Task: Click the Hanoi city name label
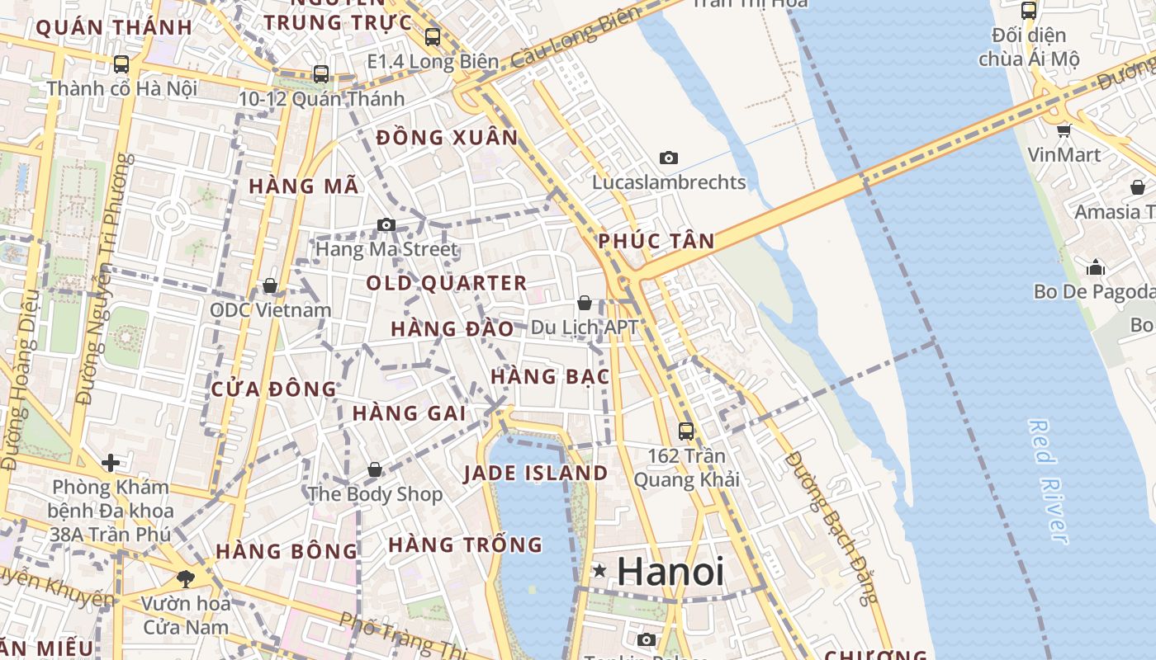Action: (x=670, y=572)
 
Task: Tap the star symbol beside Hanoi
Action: (x=599, y=570)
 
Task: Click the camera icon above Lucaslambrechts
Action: (x=669, y=158)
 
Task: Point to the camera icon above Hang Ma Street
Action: (x=386, y=224)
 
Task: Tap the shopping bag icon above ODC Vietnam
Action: (x=269, y=285)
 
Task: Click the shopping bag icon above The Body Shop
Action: (x=375, y=469)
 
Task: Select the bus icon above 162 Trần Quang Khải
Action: (x=686, y=431)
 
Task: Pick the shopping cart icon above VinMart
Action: (x=1064, y=130)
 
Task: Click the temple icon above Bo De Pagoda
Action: (x=1096, y=267)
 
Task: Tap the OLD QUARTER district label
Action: (x=446, y=284)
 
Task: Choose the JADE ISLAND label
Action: (x=535, y=474)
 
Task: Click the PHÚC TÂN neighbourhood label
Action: (x=656, y=241)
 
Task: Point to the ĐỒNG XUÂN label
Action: (x=447, y=138)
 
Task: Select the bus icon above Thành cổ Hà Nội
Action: (x=121, y=64)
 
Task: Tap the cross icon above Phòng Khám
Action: (x=110, y=463)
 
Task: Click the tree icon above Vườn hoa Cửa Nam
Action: (x=186, y=578)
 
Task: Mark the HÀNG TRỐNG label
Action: (x=465, y=544)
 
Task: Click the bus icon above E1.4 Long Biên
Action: (x=433, y=37)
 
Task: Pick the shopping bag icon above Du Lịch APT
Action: (x=585, y=303)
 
